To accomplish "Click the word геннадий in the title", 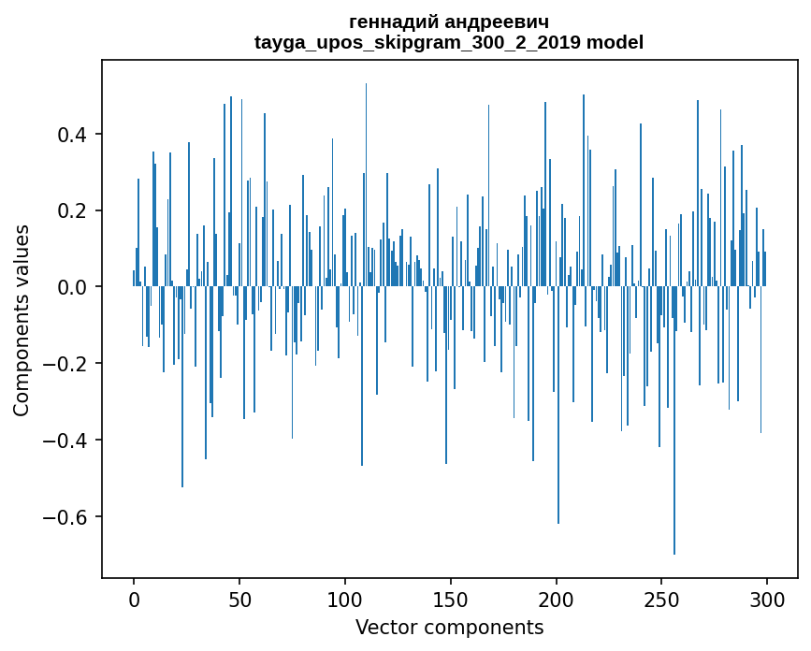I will tap(398, 22).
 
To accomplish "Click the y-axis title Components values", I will tap(22, 320).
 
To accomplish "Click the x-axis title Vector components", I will tap(449, 628).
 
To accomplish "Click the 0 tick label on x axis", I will tap(134, 599).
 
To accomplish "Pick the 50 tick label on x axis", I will tap(239, 599).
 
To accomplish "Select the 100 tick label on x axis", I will tap(345, 599).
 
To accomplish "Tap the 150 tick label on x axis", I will tap(451, 599).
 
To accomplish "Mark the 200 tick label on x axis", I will tap(557, 599).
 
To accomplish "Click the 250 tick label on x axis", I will tap(662, 599).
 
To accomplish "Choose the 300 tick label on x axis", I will tap(767, 599).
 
